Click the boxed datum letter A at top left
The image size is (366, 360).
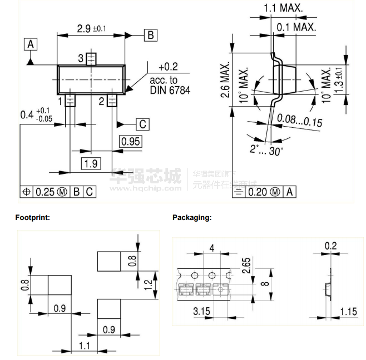point(31,44)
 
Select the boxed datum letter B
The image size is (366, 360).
point(151,35)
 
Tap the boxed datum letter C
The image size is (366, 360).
point(142,124)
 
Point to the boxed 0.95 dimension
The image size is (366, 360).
point(131,141)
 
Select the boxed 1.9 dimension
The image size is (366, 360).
point(92,163)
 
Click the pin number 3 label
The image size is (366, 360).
point(81,58)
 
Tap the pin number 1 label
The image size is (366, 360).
point(60,101)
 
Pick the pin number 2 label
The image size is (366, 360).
point(102,101)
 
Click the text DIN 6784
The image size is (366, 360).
point(170,89)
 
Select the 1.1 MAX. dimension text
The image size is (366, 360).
point(283,8)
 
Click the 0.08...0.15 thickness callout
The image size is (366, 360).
point(300,119)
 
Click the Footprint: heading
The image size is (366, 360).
point(33,218)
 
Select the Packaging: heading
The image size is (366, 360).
point(192,218)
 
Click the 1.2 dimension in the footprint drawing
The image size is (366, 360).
point(147,285)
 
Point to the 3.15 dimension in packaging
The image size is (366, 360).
point(201,311)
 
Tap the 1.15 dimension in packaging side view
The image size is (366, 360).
point(348,311)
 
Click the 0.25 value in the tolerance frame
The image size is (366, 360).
point(46,192)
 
